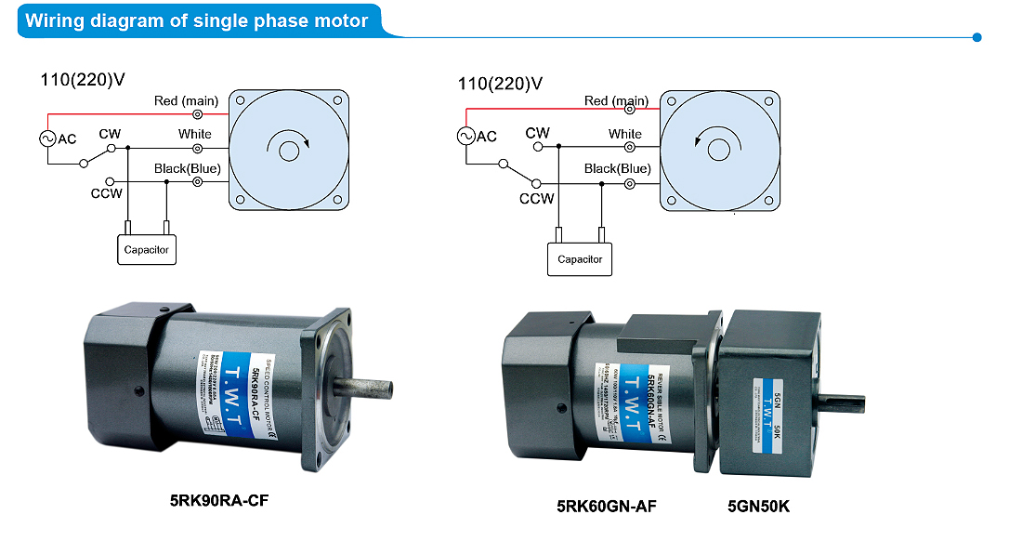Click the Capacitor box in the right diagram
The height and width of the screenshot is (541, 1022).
coord(580,259)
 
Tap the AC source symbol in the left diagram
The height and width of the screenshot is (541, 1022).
coord(46,139)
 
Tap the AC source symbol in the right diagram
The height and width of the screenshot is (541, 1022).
coord(465,137)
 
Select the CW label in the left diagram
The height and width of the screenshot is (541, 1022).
coord(109,134)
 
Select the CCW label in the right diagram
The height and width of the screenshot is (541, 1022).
coord(537,198)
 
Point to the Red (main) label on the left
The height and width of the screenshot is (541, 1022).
coord(185,100)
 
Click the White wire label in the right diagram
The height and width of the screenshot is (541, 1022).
coord(625,134)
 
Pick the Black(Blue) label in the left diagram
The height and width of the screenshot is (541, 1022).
coord(188,168)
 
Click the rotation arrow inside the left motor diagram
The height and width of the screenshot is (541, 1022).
coord(287,146)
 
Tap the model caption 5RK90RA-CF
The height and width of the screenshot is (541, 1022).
coord(220,499)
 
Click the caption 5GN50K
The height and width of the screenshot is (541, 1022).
coord(758,507)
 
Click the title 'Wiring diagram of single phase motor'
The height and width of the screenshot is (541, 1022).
coord(196,20)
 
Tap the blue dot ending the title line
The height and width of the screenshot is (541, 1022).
coord(976,37)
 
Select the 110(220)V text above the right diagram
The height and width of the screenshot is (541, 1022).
coord(500,84)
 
